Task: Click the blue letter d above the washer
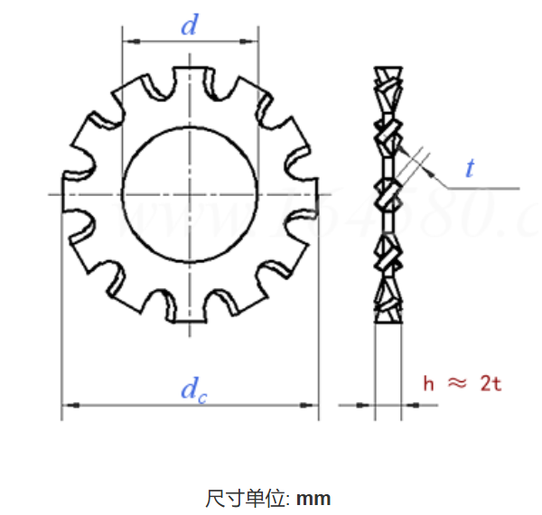tap(189, 25)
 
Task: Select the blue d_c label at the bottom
tap(191, 389)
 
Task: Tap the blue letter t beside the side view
tap(471, 167)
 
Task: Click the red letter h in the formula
tap(428, 383)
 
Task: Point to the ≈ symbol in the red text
tap(458, 383)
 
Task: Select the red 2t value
tap(491, 383)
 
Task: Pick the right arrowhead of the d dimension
tap(252, 41)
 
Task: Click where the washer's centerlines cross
tap(190, 194)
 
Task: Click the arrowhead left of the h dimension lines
tap(367, 405)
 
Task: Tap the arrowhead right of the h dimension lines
tap(407, 405)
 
